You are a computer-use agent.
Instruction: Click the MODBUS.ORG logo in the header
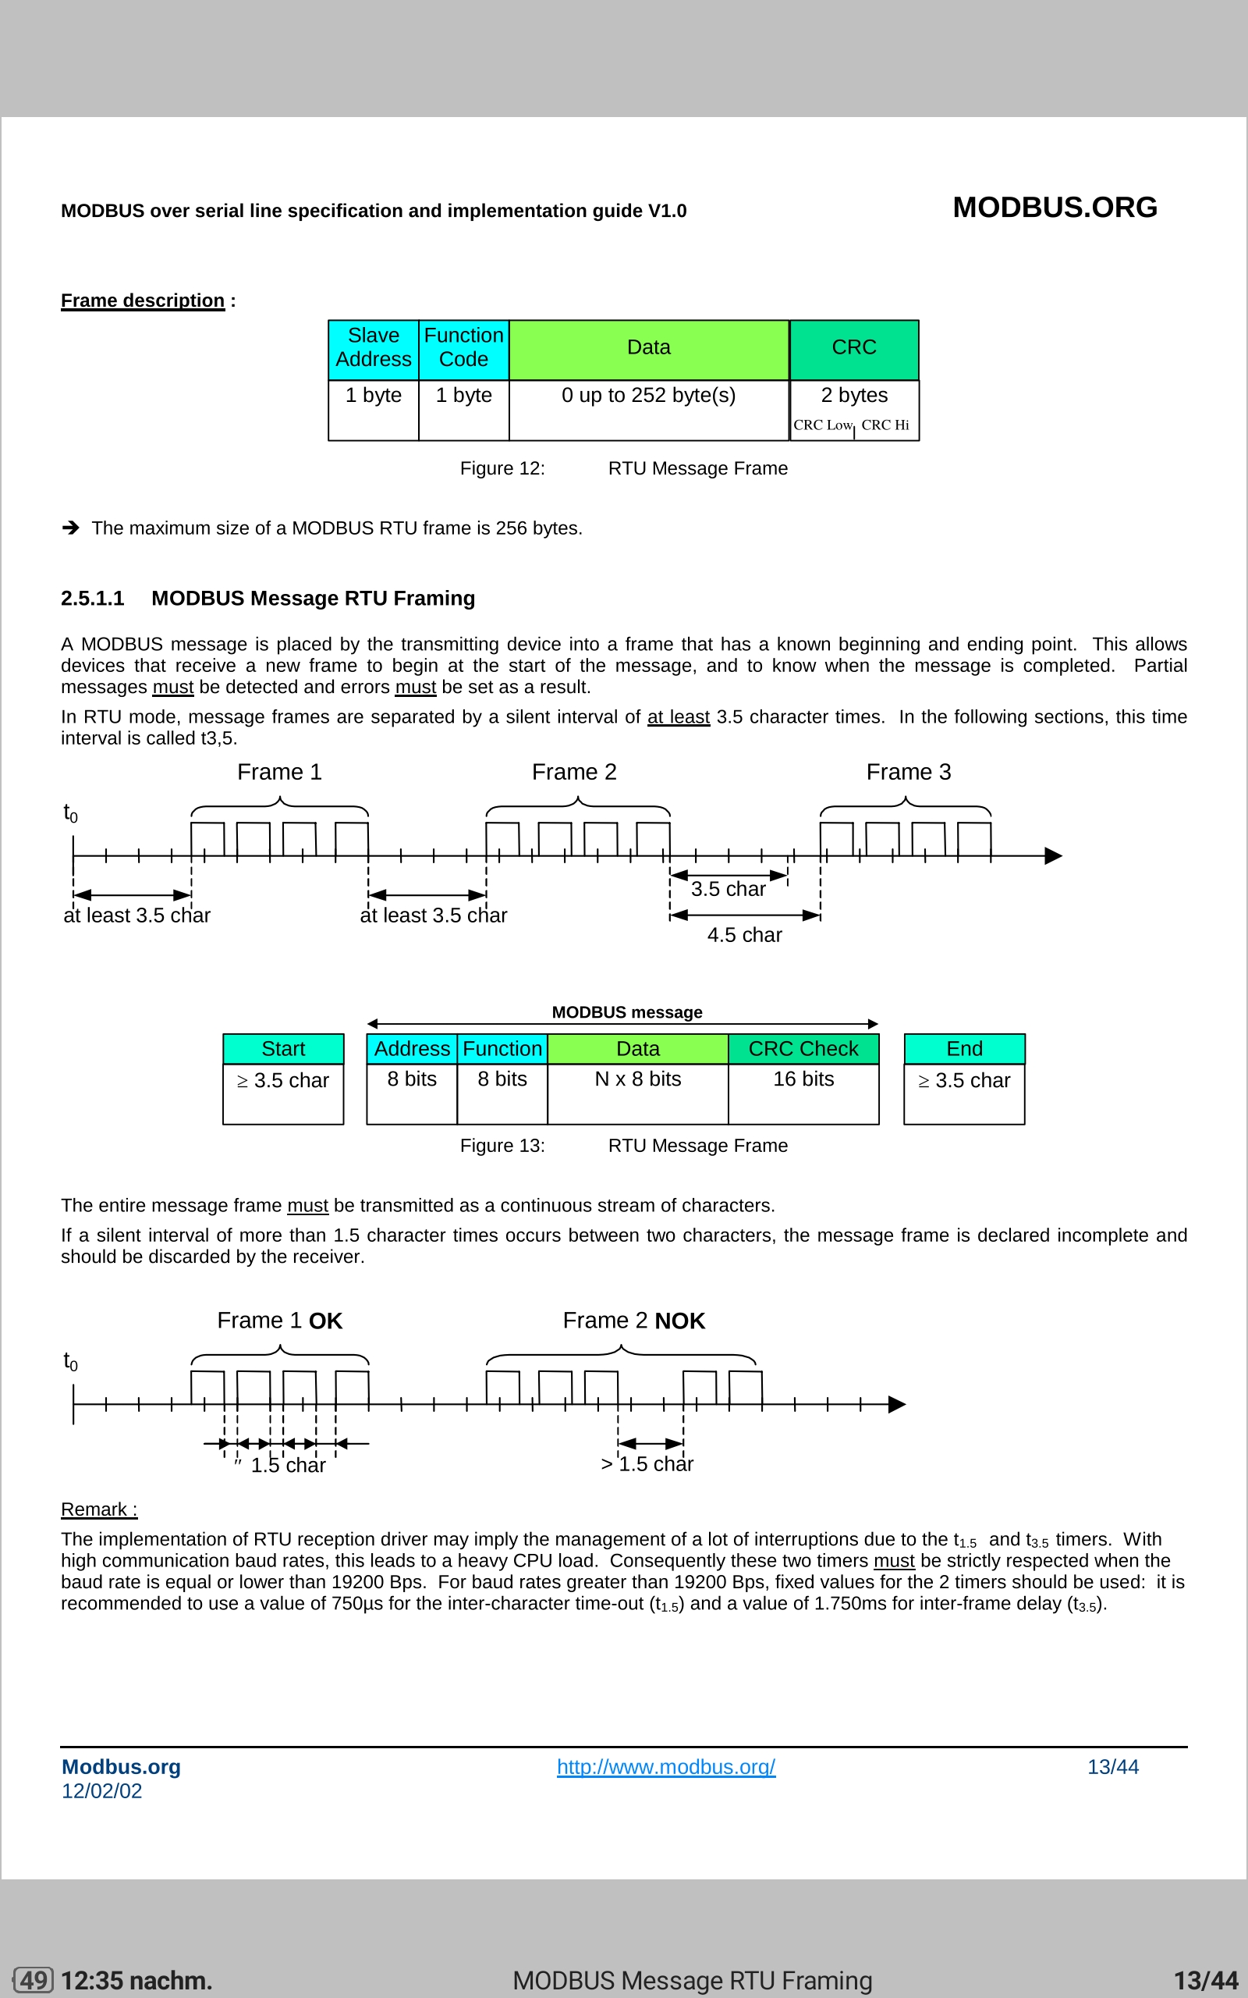point(1054,208)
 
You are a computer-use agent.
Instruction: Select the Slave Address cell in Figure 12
point(373,347)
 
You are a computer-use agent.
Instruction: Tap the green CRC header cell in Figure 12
point(853,347)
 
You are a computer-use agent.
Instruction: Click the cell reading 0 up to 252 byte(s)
point(648,396)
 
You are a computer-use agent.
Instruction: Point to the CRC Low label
point(822,425)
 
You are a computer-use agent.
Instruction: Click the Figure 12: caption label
point(502,468)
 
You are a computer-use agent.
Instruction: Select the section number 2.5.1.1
point(93,598)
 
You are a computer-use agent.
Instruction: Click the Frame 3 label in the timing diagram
point(908,772)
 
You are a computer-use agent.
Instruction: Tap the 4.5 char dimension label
point(743,934)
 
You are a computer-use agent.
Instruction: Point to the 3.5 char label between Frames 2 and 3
point(727,889)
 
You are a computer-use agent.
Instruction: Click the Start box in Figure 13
point(283,1048)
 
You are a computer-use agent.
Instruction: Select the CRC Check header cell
point(803,1048)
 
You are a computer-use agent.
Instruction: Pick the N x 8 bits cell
point(637,1079)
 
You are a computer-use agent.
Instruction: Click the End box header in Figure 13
point(963,1048)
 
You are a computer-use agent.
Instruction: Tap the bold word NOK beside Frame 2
point(679,1321)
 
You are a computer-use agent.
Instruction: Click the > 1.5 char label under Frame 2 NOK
point(647,1464)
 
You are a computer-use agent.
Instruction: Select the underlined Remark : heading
point(99,1509)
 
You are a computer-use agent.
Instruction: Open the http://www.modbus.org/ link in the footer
point(665,1767)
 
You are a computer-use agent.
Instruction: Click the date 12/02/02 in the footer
point(101,1790)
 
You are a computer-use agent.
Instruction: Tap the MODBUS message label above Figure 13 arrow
point(626,1012)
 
